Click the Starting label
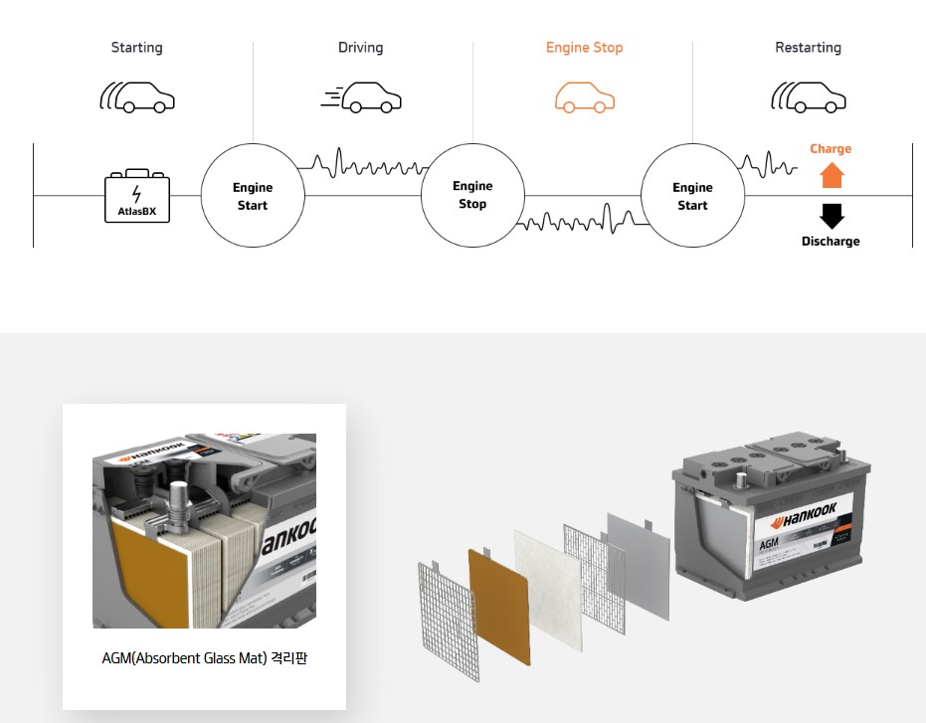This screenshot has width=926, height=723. coord(136,48)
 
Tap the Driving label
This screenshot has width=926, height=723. coord(360,48)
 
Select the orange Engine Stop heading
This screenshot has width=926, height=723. coord(584,48)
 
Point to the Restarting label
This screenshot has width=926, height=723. coord(808,48)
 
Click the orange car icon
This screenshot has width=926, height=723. coord(584,97)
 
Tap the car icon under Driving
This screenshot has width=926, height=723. coord(362,97)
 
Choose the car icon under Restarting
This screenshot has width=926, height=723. coord(809,97)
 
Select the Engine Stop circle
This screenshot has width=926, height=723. coord(472,195)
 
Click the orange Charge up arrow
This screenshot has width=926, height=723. coord(831,176)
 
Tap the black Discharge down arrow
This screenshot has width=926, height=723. coord(831,216)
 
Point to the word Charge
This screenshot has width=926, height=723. coord(831,149)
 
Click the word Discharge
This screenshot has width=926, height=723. coord(831,242)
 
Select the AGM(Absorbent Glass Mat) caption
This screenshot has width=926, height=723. coord(204,658)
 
